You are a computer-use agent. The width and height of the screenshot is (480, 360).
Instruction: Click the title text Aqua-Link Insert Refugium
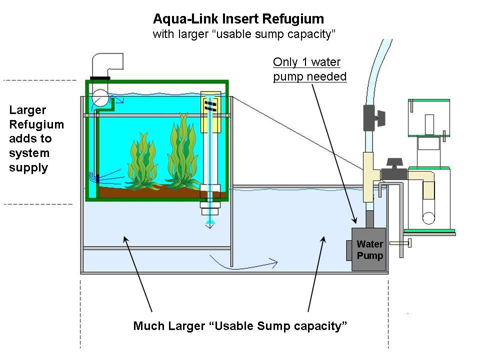pos(238,19)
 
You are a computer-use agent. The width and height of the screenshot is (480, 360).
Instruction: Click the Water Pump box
pos(369,250)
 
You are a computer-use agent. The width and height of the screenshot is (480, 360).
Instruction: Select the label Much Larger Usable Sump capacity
pos(240,326)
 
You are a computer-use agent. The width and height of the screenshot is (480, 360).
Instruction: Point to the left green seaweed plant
pos(141,160)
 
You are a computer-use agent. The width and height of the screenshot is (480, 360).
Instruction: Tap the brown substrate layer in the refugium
pos(150,192)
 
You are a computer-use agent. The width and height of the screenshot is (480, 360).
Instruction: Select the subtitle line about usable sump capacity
pos(243,34)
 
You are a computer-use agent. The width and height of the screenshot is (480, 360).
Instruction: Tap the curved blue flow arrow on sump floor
pos(243,260)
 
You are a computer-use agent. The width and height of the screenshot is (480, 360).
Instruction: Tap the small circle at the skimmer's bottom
pos(428,218)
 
